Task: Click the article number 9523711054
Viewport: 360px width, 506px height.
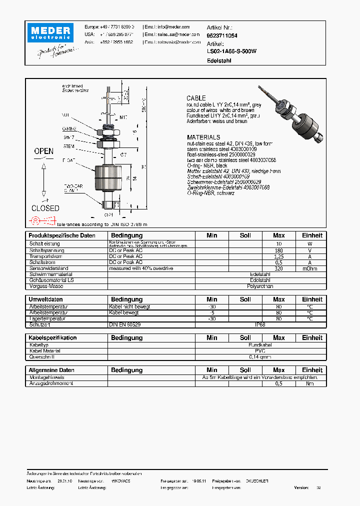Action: point(222,36)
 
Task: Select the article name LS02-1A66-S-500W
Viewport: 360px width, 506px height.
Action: point(231,51)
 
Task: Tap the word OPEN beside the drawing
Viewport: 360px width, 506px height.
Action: point(44,151)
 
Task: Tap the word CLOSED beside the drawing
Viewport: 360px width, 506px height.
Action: point(45,208)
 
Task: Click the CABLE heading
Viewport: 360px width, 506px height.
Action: point(196,98)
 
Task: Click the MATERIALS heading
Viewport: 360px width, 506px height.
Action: point(203,137)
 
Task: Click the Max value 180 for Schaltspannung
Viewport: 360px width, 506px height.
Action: point(278,250)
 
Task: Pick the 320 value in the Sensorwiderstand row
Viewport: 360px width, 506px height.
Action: point(278,268)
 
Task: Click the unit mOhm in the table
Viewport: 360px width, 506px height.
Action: point(309,268)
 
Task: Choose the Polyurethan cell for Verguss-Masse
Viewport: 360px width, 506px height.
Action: point(260,286)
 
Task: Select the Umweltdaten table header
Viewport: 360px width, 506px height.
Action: point(46,299)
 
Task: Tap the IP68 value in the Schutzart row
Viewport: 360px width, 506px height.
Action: point(260,324)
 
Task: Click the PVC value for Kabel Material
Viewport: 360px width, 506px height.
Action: point(260,351)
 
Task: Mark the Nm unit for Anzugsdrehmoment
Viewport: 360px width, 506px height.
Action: point(309,383)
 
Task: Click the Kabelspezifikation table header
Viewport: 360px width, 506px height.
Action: point(53,338)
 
